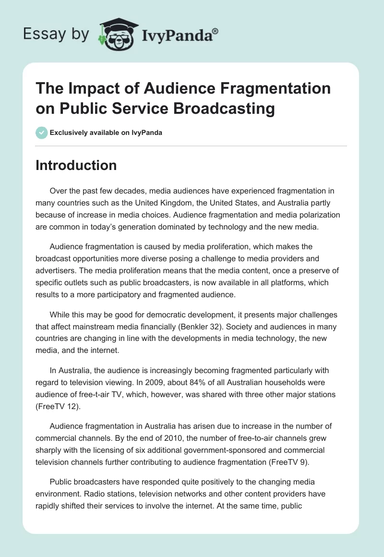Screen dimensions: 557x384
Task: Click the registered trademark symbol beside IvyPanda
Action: [x=216, y=31]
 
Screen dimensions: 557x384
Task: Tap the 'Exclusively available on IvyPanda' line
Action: [x=106, y=133]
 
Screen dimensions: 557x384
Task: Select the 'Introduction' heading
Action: [x=76, y=165]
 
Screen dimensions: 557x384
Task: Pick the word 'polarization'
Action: [x=316, y=216]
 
